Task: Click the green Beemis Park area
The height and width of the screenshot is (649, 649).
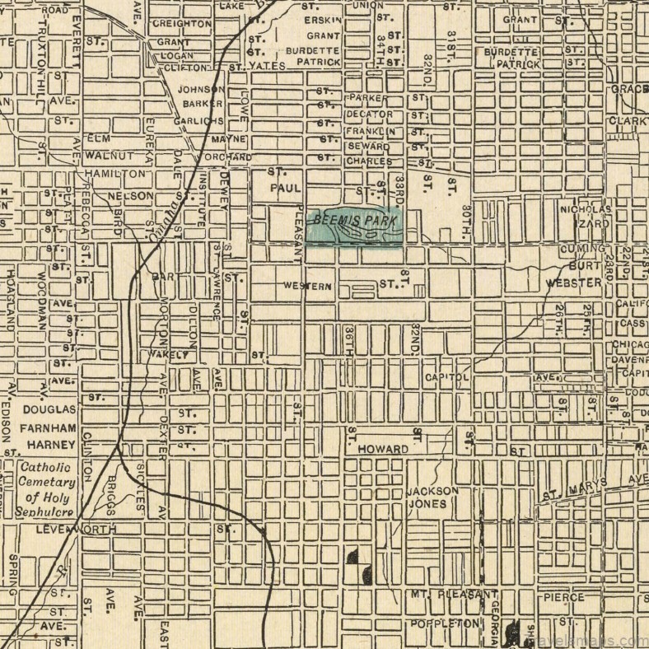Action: click(x=354, y=228)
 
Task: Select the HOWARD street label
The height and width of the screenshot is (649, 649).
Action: click(x=383, y=450)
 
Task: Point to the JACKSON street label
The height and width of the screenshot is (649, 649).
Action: click(x=432, y=491)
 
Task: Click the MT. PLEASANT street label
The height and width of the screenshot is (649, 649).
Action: click(x=455, y=595)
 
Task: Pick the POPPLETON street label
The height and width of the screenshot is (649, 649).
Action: click(x=444, y=623)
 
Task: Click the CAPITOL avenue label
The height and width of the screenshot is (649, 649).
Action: click(x=447, y=377)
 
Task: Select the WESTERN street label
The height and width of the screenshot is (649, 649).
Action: click(x=307, y=287)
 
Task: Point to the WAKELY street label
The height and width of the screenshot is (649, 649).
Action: click(x=170, y=355)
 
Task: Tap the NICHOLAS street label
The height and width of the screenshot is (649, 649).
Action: click(x=586, y=209)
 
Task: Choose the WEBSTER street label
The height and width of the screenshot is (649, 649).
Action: click(x=574, y=282)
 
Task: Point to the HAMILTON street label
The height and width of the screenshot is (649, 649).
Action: click(x=114, y=175)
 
